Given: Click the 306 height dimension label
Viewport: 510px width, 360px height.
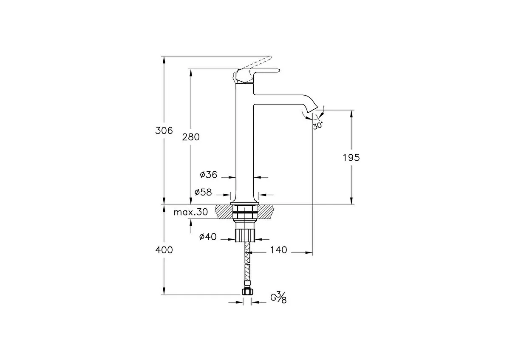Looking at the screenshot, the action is tap(164, 130).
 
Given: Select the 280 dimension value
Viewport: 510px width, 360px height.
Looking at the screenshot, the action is tap(191, 137).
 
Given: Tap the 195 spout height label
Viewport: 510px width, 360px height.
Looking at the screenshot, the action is tap(351, 158).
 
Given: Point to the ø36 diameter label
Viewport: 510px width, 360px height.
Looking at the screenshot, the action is tap(209, 175).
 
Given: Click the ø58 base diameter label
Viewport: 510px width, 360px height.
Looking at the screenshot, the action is tap(203, 192).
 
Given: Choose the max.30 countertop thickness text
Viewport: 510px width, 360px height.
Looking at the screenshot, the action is tap(190, 212).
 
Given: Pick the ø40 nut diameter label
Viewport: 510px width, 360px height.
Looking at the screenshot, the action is tap(208, 237).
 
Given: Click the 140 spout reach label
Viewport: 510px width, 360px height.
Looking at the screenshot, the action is tap(278, 250).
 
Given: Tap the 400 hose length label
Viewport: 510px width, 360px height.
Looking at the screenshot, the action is tap(164, 250).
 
